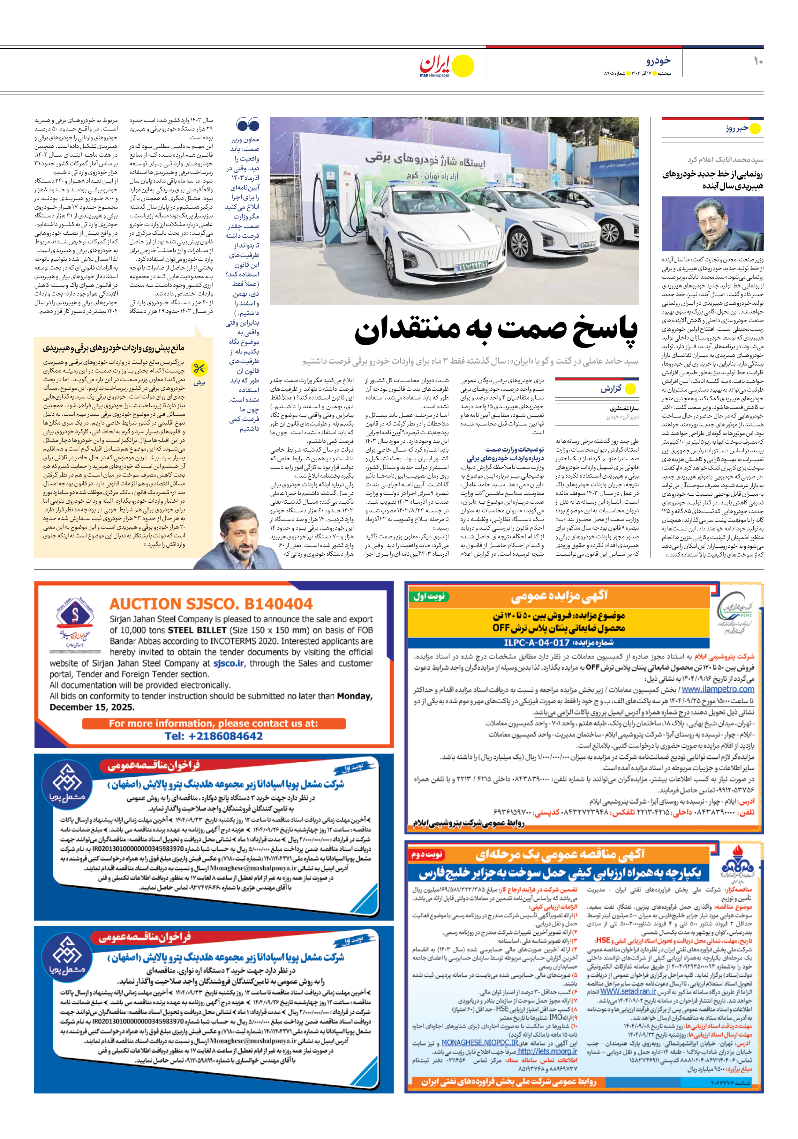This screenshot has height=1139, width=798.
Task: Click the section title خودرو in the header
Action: tap(659, 61)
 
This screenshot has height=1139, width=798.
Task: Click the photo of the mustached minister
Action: tap(712, 224)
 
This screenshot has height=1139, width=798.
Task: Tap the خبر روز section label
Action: tap(736, 129)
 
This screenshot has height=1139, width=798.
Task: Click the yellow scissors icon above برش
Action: tap(199, 369)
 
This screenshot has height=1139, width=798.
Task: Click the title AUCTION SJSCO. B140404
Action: tap(211, 604)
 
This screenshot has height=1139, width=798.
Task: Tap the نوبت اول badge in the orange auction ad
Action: tap(429, 597)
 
